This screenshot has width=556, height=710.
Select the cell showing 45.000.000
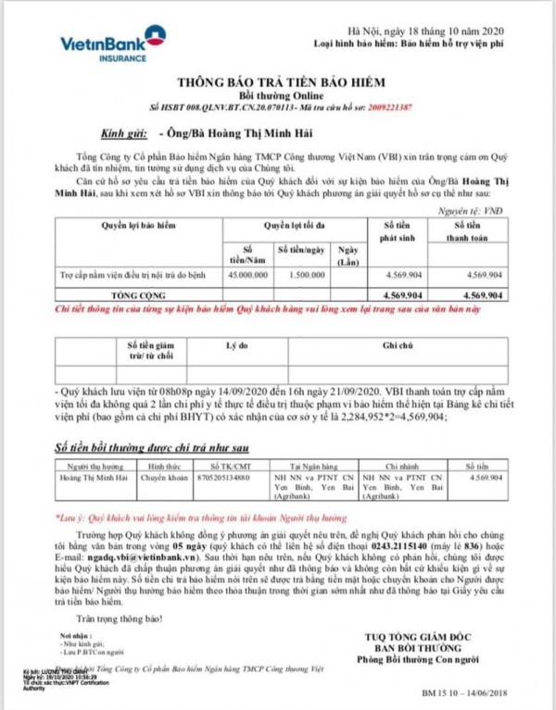247,276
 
